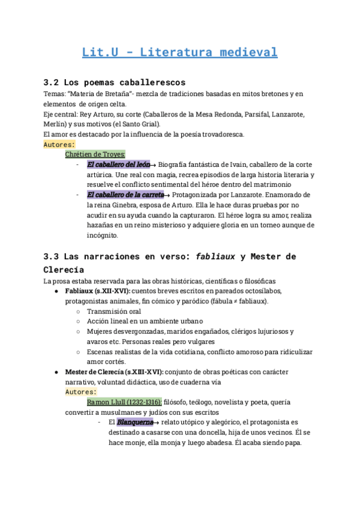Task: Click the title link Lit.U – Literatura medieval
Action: tap(179, 52)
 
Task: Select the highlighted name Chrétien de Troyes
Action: tap(95, 154)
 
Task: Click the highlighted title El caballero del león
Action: tap(118, 164)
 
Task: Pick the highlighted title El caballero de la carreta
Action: tap(125, 194)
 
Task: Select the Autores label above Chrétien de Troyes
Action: tap(59, 144)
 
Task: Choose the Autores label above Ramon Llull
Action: tap(81, 391)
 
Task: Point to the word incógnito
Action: tap(103, 235)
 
